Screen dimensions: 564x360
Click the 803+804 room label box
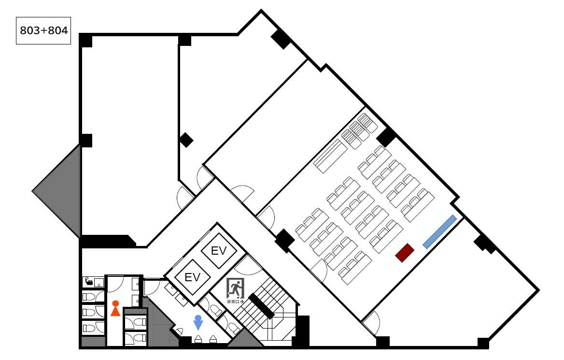(x=43, y=30)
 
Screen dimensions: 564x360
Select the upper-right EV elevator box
(x=219, y=251)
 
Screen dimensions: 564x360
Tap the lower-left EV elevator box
(x=192, y=277)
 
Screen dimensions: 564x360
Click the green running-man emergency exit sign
(x=235, y=288)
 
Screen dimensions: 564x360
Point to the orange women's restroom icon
(x=115, y=308)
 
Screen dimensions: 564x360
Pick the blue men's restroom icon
(x=198, y=323)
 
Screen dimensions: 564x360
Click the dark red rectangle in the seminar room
(x=405, y=253)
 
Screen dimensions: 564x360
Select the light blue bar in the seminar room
(x=439, y=232)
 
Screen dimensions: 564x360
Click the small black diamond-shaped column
(x=186, y=140)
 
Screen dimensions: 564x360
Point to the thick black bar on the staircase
(x=262, y=306)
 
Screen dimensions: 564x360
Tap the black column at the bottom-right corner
(x=483, y=343)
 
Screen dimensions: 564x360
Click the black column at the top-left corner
(x=85, y=40)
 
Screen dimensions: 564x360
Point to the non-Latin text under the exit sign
(x=235, y=302)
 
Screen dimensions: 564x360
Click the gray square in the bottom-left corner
(x=93, y=341)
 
